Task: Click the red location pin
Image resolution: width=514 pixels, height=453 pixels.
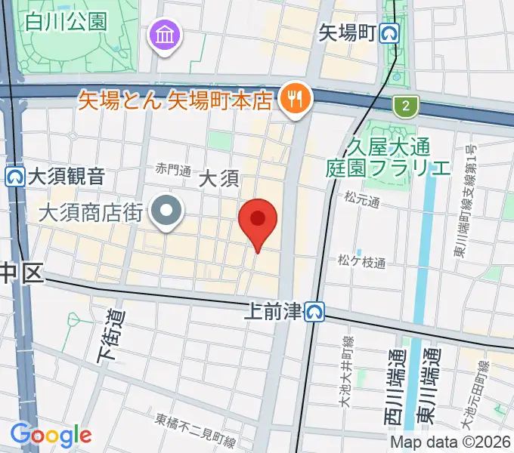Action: point(258,220)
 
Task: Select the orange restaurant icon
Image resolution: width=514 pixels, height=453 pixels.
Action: point(293,99)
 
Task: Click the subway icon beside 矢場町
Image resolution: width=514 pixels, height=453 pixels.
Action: point(390,33)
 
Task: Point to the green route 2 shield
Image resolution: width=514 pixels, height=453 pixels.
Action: point(406,106)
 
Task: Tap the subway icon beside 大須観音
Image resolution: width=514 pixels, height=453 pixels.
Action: point(14,177)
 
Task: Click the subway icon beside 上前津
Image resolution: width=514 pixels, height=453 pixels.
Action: point(316,310)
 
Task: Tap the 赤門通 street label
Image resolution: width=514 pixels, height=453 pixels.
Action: point(173,169)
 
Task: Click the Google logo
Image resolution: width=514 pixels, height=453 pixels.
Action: point(51,435)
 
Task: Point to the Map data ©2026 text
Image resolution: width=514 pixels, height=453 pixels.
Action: point(449,442)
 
